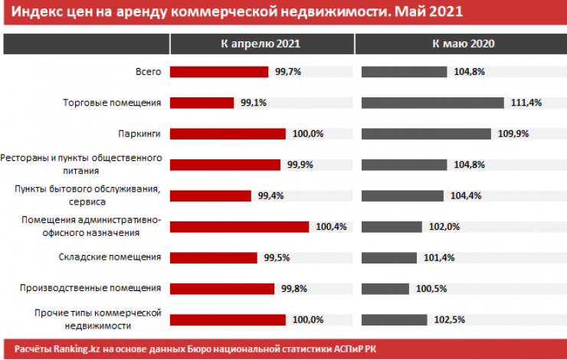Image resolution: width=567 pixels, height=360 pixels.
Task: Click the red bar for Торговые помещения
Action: [202, 103]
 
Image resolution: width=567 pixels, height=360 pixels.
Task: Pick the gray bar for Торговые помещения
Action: [431, 103]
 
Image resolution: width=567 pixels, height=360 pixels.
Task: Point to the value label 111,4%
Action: [521, 103]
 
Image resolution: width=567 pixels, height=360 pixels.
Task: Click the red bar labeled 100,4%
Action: [239, 227]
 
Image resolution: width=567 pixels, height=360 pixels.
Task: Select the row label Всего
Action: [149, 71]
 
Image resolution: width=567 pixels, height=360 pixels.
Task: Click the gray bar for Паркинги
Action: [426, 133]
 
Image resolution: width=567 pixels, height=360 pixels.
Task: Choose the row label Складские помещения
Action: [110, 257]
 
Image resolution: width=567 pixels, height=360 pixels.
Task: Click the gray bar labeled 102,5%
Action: [393, 319]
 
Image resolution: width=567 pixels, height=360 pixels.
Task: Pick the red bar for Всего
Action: [218, 72]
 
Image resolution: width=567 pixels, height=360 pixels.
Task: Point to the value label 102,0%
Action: [441, 227]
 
